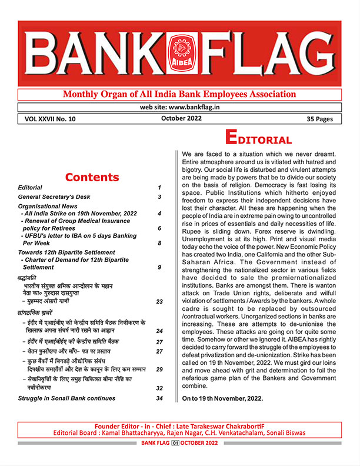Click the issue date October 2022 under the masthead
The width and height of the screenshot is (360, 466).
(x=181, y=118)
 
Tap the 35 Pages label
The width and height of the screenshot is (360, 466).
(x=320, y=119)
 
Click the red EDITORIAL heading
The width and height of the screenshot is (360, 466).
(x=259, y=140)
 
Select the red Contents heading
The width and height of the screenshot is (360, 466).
(x=92, y=177)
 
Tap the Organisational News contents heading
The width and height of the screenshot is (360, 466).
(x=53, y=207)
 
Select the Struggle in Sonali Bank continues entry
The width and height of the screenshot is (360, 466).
(x=68, y=399)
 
